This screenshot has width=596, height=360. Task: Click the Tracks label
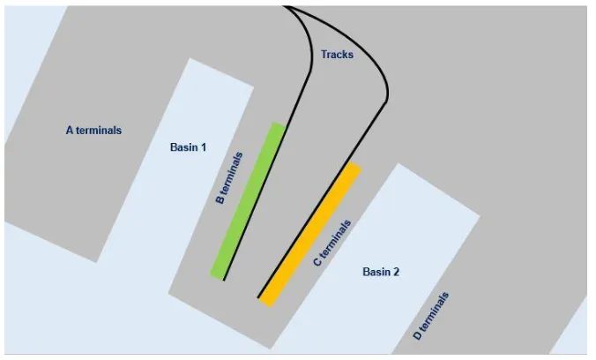(x=337, y=55)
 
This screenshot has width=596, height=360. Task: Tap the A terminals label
(x=93, y=131)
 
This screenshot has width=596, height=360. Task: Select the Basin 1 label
(x=188, y=147)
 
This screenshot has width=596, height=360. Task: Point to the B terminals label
(x=229, y=178)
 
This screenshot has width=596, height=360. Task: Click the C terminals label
(x=332, y=243)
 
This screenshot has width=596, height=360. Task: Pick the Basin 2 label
(x=381, y=272)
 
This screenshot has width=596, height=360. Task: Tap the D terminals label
(x=431, y=316)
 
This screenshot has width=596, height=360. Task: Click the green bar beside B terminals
(x=248, y=201)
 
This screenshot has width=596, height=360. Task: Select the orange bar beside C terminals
(x=309, y=235)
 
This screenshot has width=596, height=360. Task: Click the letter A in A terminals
(x=70, y=131)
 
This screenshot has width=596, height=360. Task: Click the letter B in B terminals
(x=220, y=199)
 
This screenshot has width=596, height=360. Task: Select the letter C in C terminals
(x=317, y=262)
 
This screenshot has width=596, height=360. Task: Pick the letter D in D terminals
(x=417, y=335)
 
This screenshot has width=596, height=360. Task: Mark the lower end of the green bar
(x=218, y=276)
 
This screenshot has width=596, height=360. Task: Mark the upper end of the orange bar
(x=354, y=165)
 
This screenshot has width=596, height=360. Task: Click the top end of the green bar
(x=279, y=124)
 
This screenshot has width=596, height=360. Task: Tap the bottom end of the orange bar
(x=265, y=303)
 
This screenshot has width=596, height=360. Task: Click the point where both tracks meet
(x=285, y=6)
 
